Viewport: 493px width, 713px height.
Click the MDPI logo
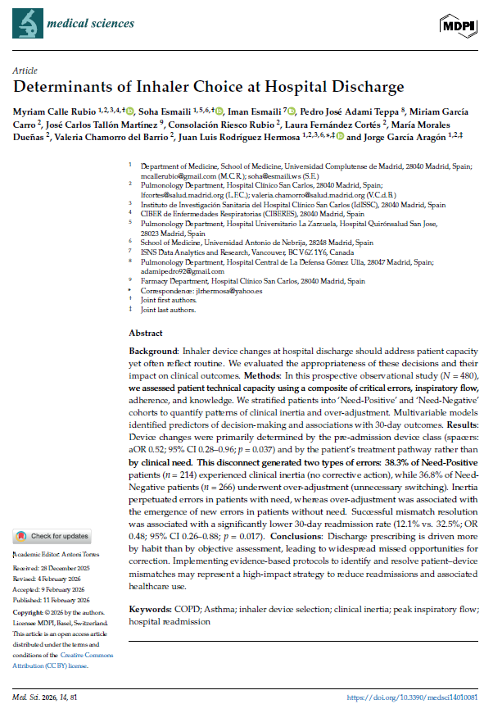coord(459,25)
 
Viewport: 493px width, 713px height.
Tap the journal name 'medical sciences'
coord(90,23)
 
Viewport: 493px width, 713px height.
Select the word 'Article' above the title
coord(26,71)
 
